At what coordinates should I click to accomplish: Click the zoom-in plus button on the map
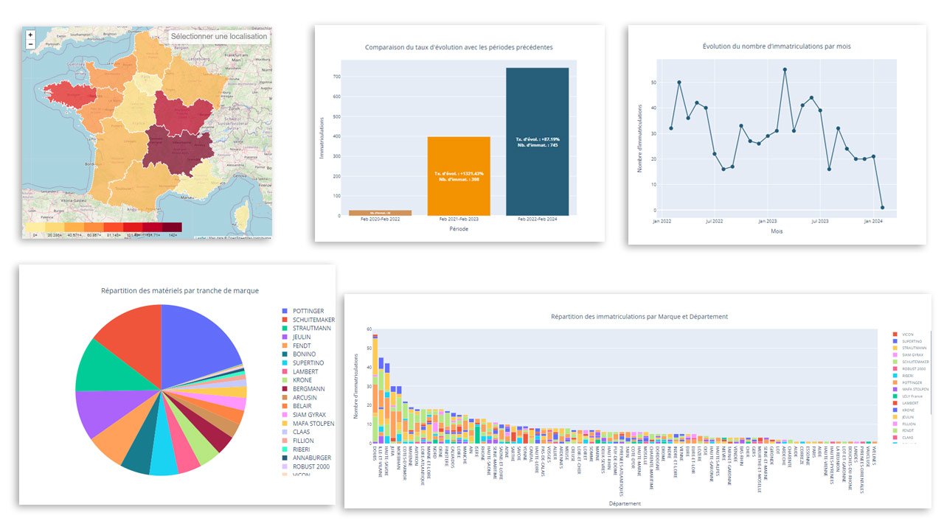tap(30, 35)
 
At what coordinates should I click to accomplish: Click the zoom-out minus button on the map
tap(30, 44)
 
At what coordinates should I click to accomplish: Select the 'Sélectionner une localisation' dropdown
tap(219, 36)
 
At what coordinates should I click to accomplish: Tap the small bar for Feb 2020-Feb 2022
tap(381, 213)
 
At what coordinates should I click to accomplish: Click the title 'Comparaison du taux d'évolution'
tap(459, 47)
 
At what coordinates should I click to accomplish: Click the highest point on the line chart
tap(785, 70)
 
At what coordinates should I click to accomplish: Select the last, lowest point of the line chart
tap(882, 208)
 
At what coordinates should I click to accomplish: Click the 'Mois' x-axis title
tap(777, 231)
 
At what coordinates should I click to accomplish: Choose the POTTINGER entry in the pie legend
tap(308, 311)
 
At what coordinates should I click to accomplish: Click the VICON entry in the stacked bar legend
tap(907, 335)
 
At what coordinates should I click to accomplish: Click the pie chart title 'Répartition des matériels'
tap(180, 291)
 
